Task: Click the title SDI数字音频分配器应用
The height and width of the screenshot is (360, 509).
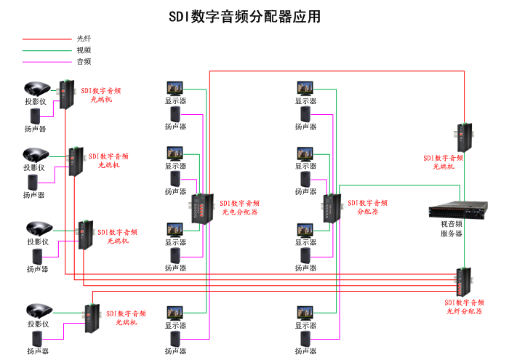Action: [245, 16]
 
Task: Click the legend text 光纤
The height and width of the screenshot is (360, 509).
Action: [84, 39]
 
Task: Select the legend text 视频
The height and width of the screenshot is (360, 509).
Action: [84, 50]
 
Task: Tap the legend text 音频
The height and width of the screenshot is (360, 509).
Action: [84, 62]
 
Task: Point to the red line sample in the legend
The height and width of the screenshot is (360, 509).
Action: [45, 39]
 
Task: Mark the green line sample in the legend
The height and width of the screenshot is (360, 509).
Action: [45, 50]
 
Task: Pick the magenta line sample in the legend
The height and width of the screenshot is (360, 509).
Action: [45, 62]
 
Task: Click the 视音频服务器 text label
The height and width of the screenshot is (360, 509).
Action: [451, 229]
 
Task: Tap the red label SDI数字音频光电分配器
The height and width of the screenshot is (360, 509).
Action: [240, 208]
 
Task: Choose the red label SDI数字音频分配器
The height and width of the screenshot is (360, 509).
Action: [372, 207]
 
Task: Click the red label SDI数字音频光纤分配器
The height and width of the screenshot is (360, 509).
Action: [464, 306]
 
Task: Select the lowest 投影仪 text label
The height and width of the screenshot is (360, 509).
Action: [38, 324]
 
